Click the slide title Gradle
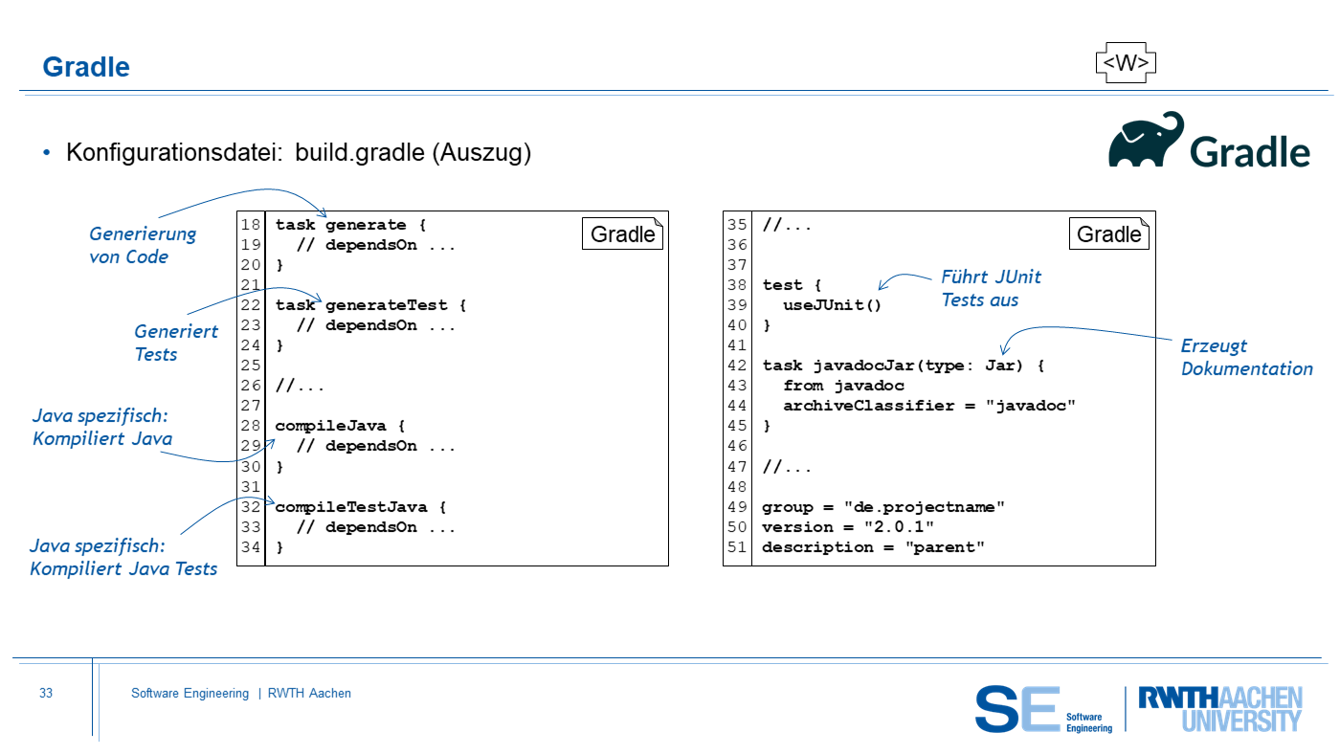[x=86, y=67]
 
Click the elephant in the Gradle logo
[x=1146, y=142]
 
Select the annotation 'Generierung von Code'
[x=142, y=245]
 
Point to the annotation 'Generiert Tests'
[x=175, y=343]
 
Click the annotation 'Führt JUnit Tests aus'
[x=991, y=288]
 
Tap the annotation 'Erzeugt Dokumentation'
[x=1246, y=357]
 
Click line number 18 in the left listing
[x=251, y=225]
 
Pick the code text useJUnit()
[x=832, y=305]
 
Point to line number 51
[x=737, y=547]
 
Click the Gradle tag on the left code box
[x=623, y=234]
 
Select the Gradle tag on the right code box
[x=1109, y=234]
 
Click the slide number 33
[x=46, y=694]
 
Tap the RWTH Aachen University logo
[x=1219, y=708]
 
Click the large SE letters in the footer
[x=1016, y=709]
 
